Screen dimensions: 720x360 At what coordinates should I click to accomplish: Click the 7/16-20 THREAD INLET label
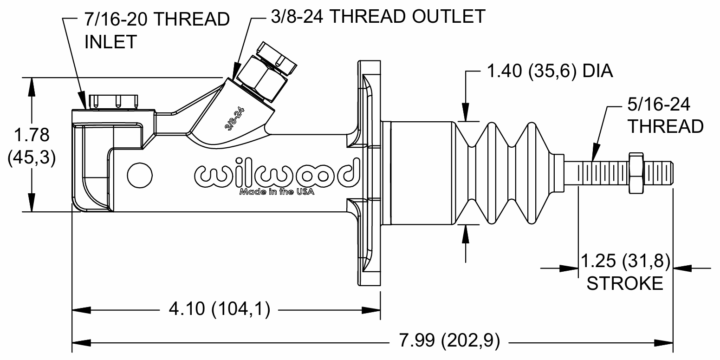(157, 31)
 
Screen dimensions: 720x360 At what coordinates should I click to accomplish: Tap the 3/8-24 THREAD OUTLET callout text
(378, 16)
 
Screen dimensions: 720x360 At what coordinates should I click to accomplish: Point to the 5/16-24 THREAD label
(665, 115)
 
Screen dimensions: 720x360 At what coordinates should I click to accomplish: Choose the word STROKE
(625, 283)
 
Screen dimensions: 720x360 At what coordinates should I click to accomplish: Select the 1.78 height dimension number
(32, 135)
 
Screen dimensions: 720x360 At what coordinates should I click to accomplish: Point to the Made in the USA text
(277, 192)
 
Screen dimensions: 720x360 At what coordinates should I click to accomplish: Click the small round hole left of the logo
(140, 175)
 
